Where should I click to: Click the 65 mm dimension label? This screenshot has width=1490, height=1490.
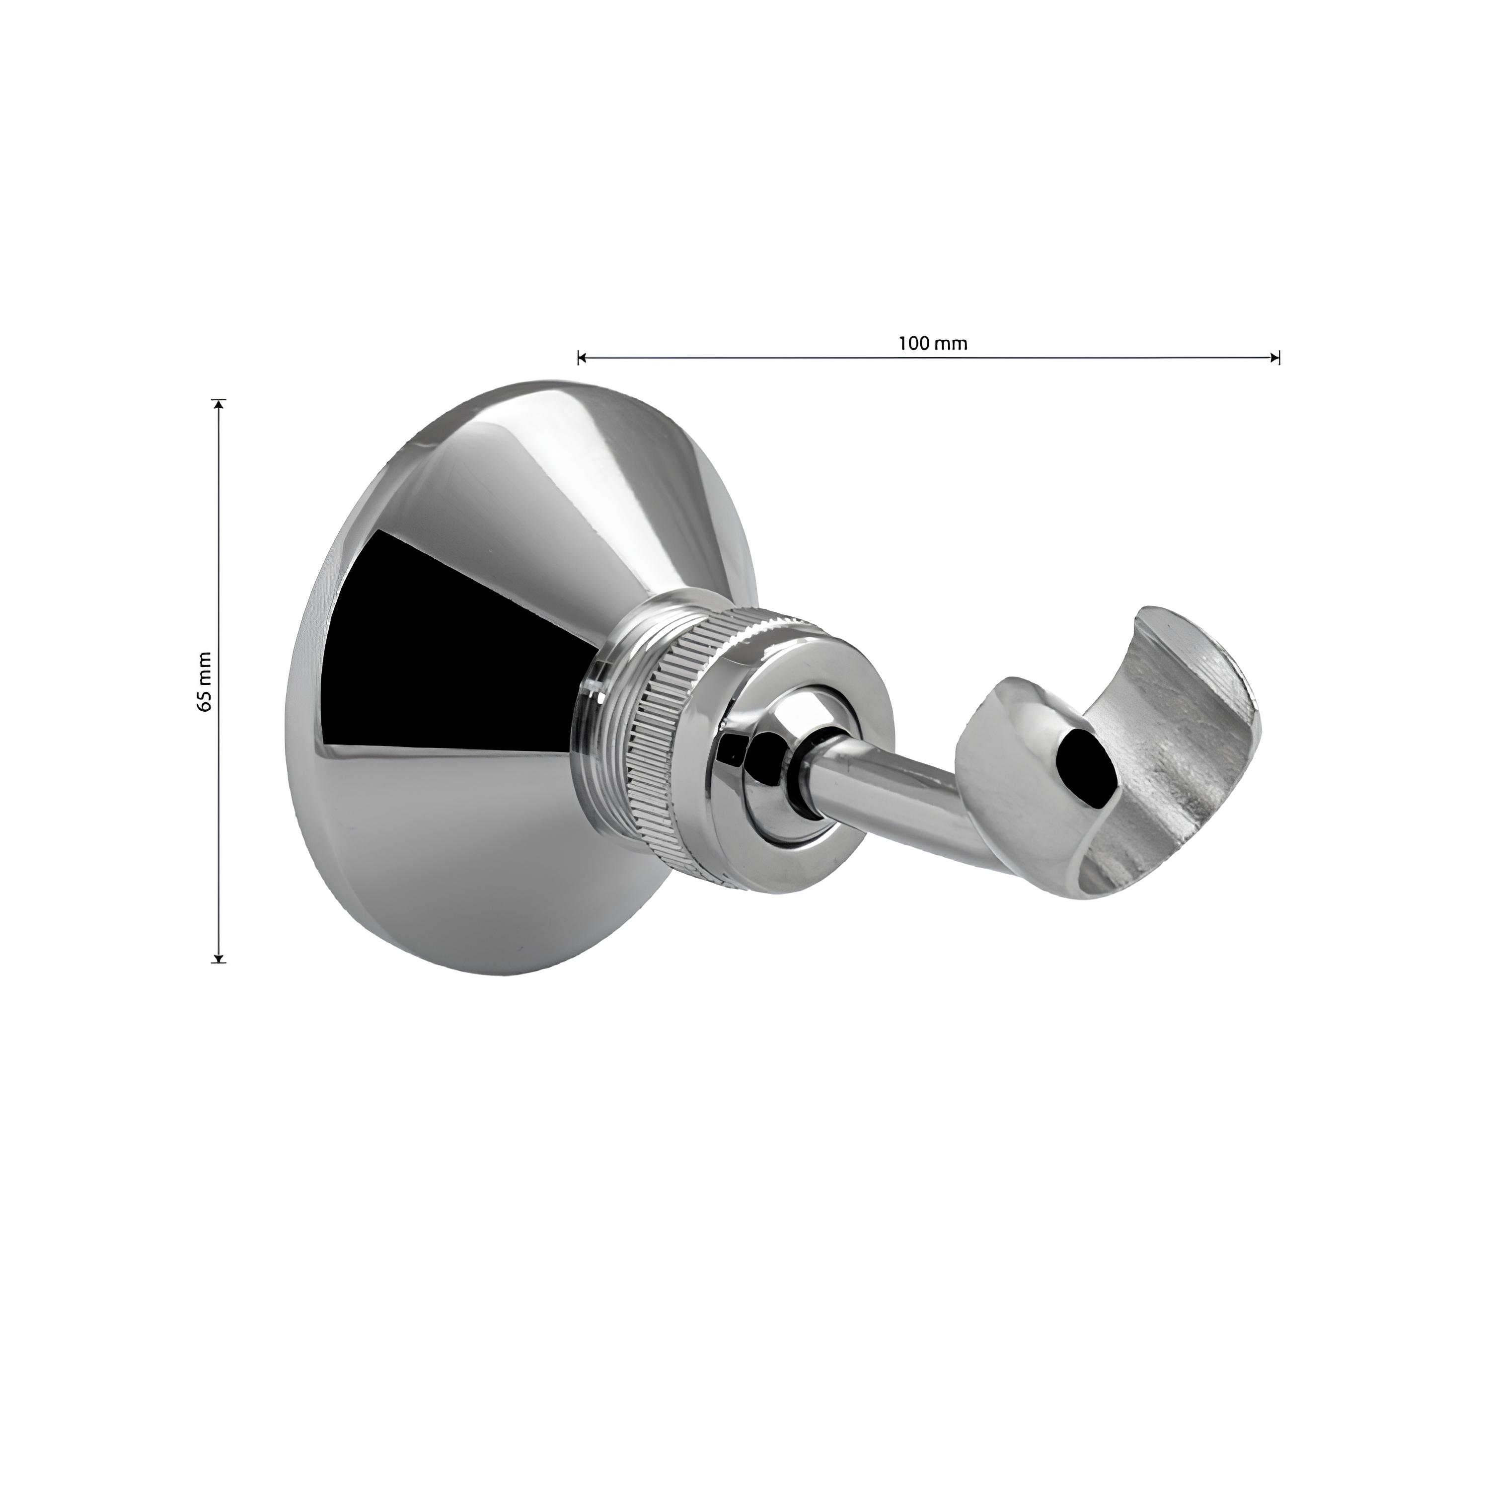click(204, 681)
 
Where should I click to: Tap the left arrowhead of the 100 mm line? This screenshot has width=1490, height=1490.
click(582, 357)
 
